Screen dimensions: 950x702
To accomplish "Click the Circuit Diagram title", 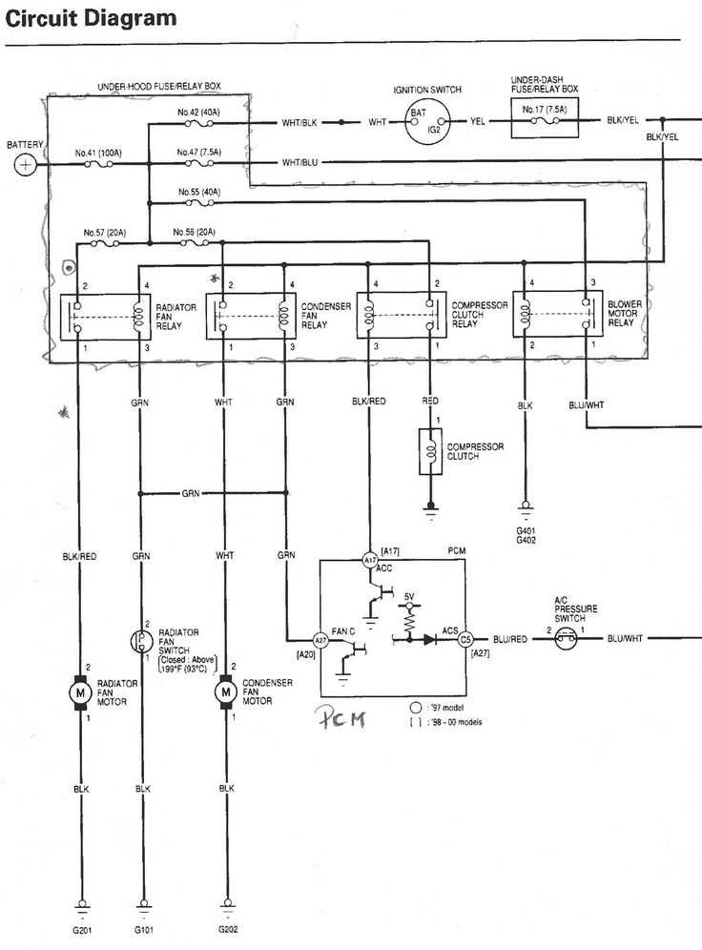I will click(91, 18).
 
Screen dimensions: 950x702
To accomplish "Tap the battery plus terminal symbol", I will click(24, 165).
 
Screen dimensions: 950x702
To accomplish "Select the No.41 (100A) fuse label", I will click(96, 152).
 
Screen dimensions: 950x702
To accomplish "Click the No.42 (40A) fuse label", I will click(199, 112).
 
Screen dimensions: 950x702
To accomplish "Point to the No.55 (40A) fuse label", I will click(199, 192).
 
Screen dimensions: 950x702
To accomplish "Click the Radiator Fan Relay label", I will click(177, 316).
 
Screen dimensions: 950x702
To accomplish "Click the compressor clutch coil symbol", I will click(429, 451).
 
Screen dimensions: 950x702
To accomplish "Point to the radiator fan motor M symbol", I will click(77, 688).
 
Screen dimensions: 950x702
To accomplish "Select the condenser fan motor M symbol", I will click(226, 688).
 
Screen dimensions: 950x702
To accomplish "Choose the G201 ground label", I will click(80, 928).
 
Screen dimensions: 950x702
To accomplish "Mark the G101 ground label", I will click(143, 928).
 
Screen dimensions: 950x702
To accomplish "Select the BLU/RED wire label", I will click(509, 639).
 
